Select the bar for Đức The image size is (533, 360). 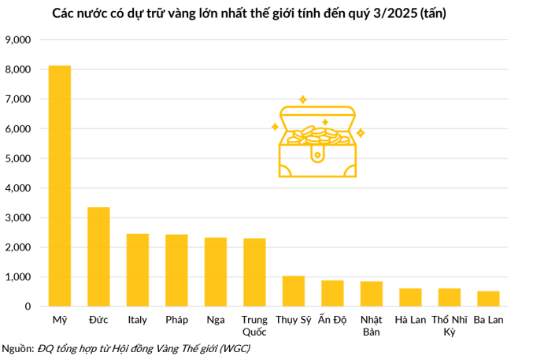pyautogui.click(x=98, y=257)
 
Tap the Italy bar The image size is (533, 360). pyautogui.click(x=138, y=270)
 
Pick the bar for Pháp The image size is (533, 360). pyautogui.click(x=176, y=270)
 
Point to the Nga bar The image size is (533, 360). pyautogui.click(x=216, y=272)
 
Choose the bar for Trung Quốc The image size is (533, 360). pyautogui.click(x=254, y=273)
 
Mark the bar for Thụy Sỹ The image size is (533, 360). pyautogui.click(x=294, y=291)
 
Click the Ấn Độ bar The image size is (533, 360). pyautogui.click(x=332, y=293)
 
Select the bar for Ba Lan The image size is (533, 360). pyautogui.click(x=488, y=299)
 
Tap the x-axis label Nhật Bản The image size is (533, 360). pyautogui.click(x=372, y=325)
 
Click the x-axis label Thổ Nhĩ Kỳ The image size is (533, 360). pyautogui.click(x=450, y=325)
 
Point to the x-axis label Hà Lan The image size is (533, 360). pyautogui.click(x=410, y=320)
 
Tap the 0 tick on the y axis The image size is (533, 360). pyautogui.click(x=27, y=306)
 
